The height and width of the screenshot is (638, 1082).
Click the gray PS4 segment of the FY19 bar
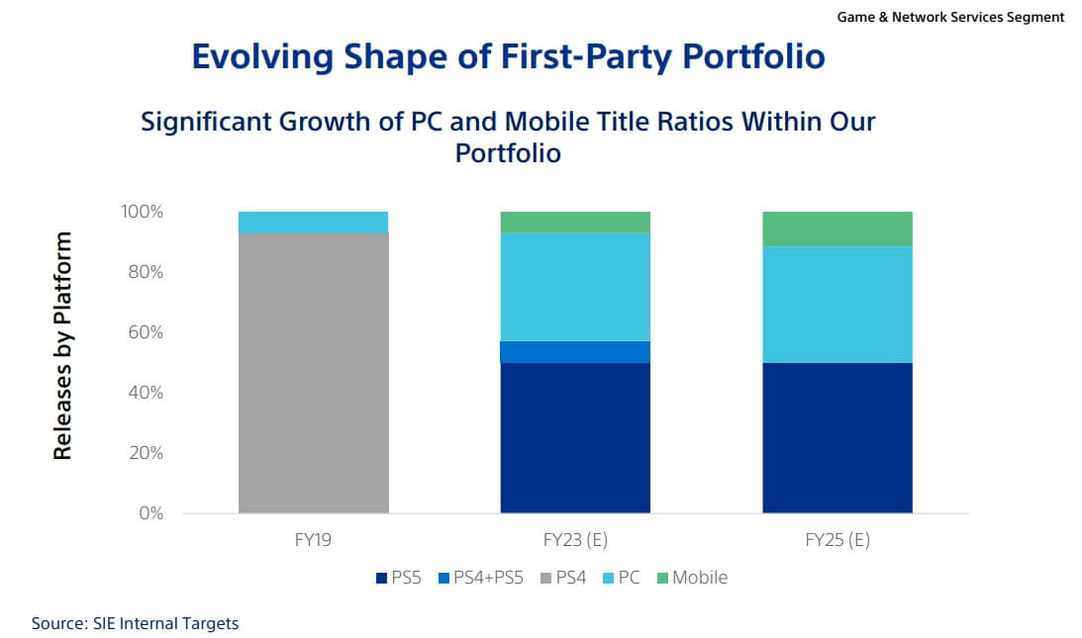[313, 372]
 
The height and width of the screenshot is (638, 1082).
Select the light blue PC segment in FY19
[313, 222]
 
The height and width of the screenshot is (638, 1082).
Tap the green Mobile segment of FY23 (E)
[575, 222]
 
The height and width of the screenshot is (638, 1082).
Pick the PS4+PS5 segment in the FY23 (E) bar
[575, 352]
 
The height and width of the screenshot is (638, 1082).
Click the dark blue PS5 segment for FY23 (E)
[575, 437]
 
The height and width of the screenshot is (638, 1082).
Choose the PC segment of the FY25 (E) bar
[836, 305]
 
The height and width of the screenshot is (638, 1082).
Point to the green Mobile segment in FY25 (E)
[836, 228]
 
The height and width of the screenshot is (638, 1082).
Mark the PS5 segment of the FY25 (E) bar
[836, 437]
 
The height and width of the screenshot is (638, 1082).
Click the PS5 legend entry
[398, 577]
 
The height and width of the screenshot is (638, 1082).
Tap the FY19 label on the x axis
[313, 541]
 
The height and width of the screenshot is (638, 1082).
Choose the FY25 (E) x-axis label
[836, 541]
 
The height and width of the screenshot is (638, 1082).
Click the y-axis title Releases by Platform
[63, 345]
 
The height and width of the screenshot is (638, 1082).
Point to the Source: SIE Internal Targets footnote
[135, 623]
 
